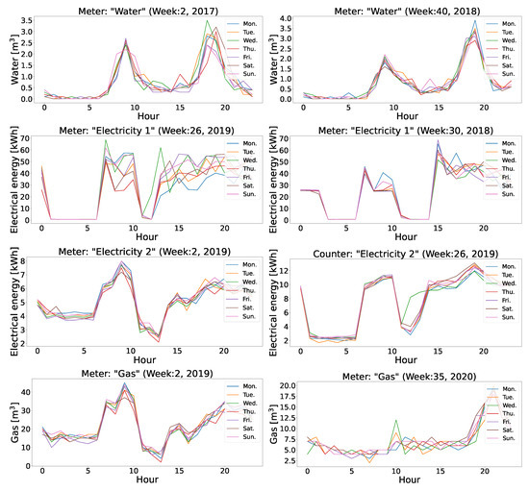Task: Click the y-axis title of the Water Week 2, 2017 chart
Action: tap(13, 60)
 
